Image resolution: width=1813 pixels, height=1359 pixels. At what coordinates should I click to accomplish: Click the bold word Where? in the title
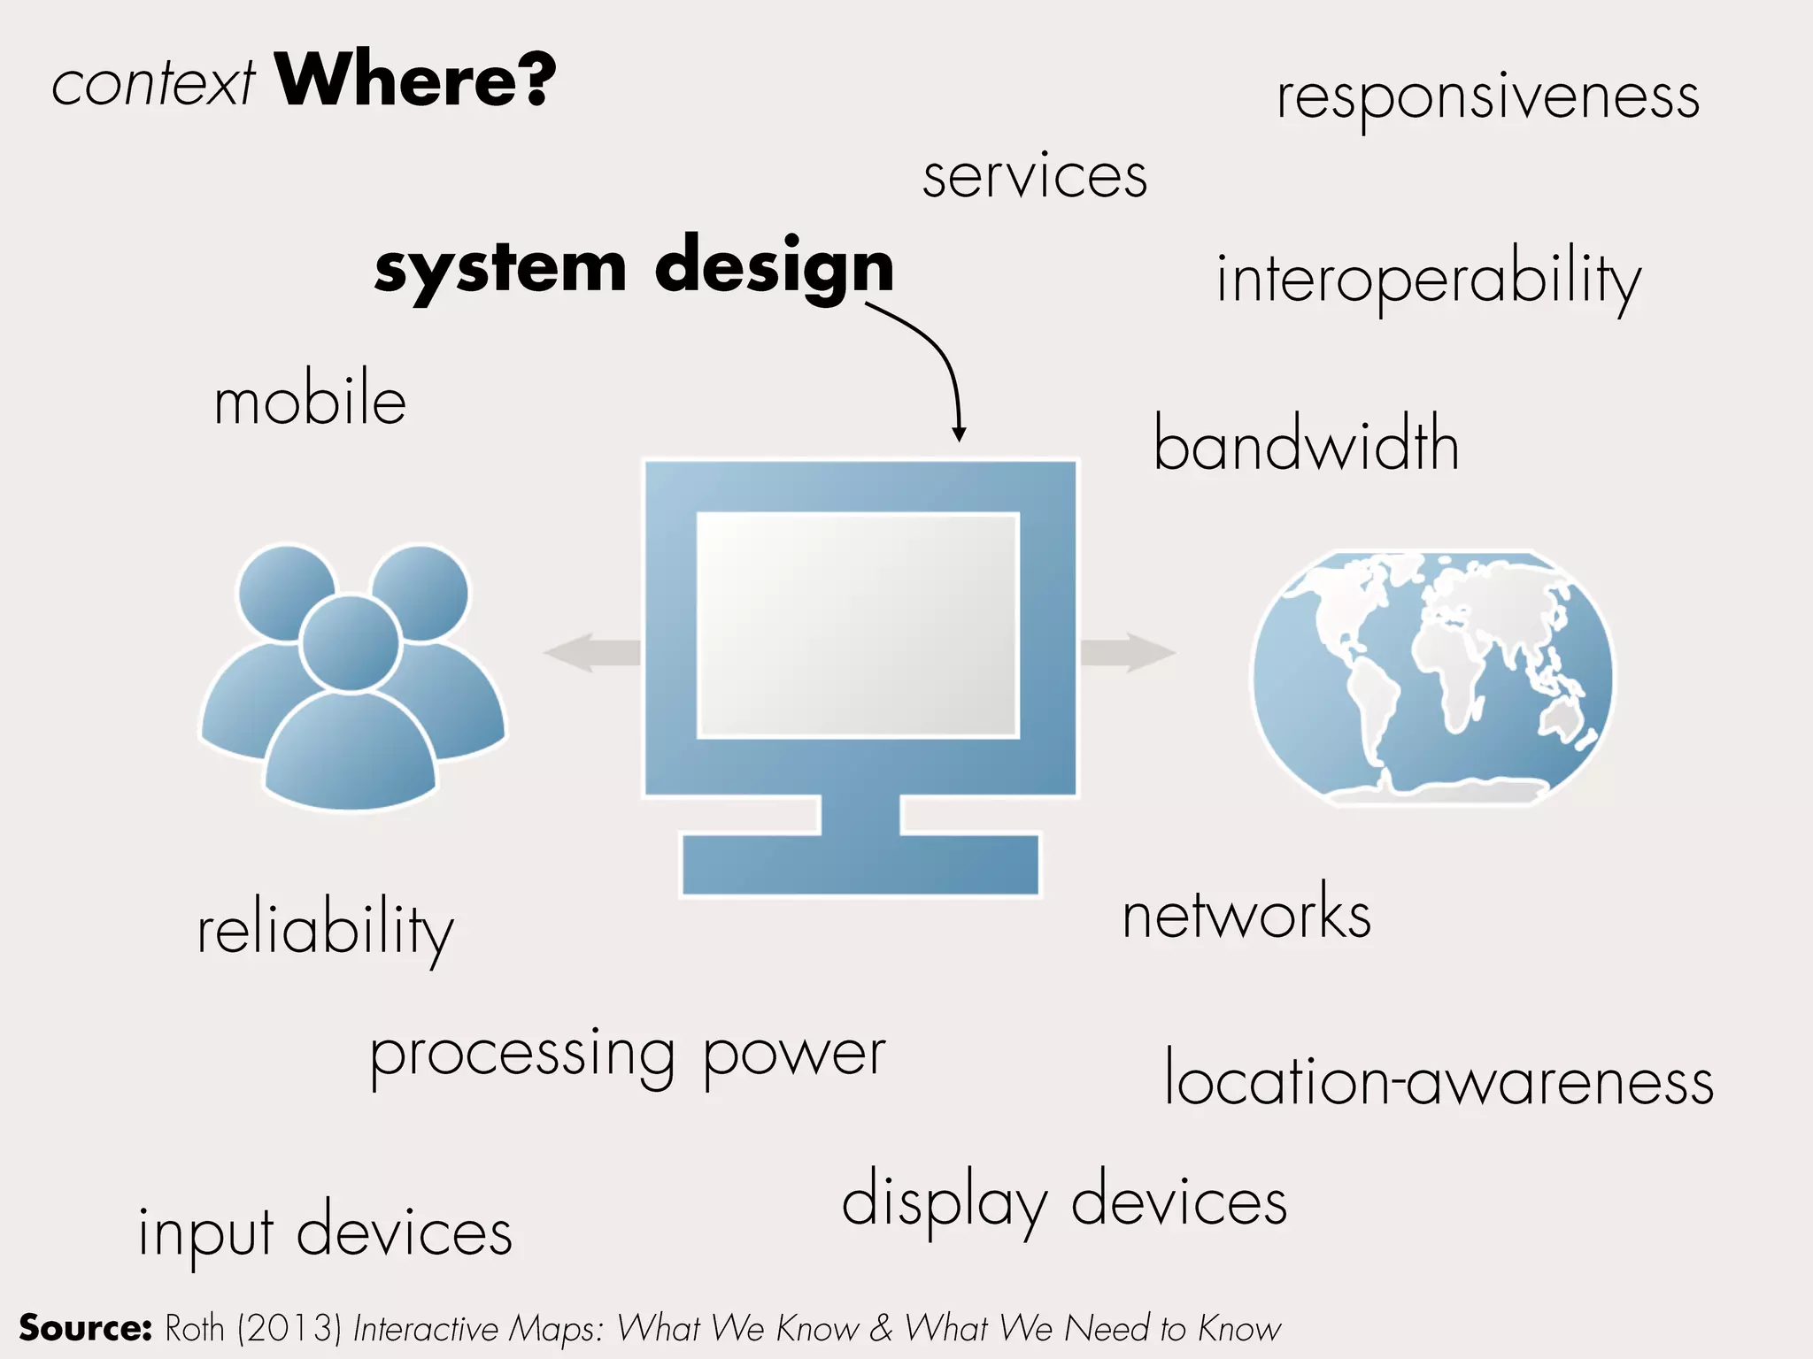point(415,81)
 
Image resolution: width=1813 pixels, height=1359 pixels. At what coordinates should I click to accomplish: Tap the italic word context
point(153,86)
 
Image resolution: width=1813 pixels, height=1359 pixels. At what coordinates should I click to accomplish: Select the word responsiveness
point(1487,97)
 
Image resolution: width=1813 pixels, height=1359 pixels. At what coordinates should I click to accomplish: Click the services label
point(1034,176)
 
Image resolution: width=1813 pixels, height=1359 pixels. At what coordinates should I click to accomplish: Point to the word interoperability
point(1428,280)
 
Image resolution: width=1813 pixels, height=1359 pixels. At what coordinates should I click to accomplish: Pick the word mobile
point(310,402)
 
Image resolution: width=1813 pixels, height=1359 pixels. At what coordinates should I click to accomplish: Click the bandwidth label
point(1306,445)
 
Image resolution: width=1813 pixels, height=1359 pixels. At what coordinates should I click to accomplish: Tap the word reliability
point(325,931)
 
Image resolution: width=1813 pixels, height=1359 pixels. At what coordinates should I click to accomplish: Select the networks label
point(1246,915)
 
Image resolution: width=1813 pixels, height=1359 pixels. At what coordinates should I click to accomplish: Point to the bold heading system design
point(634,266)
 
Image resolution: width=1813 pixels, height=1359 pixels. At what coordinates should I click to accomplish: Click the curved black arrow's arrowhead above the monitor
point(959,434)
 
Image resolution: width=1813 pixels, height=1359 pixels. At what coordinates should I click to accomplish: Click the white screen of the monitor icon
point(857,625)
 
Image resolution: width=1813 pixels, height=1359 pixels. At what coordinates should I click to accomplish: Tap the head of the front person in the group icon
point(351,642)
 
